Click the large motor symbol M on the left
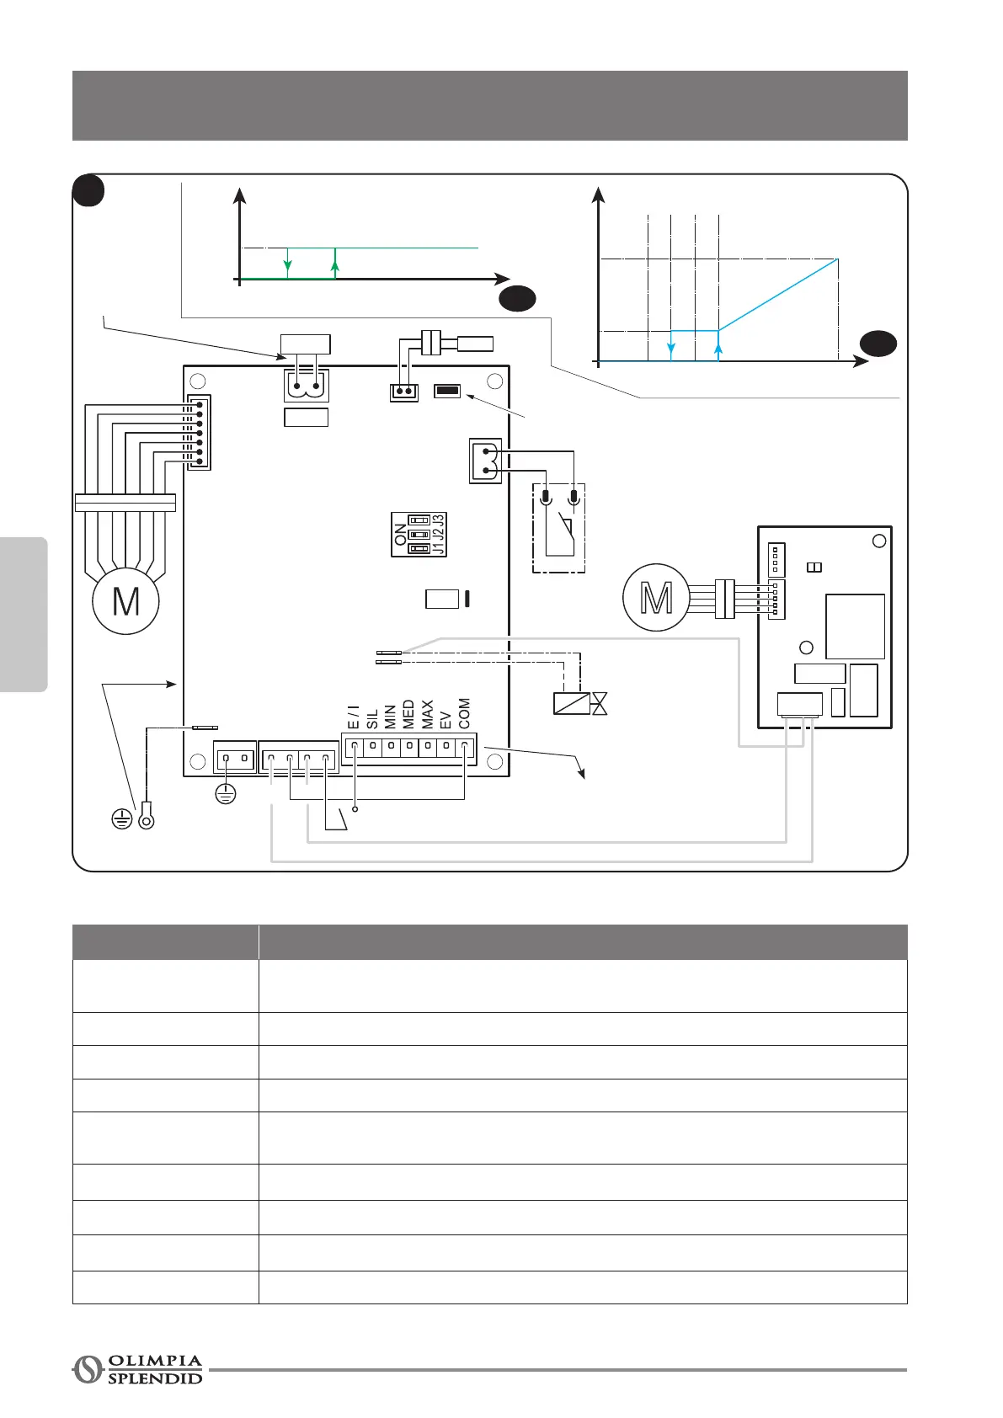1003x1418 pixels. click(x=125, y=601)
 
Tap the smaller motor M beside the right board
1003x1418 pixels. click(x=656, y=597)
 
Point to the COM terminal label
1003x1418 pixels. click(x=464, y=713)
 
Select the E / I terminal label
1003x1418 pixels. click(x=354, y=717)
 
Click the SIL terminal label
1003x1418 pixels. click(x=372, y=718)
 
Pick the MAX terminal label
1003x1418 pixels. click(x=427, y=714)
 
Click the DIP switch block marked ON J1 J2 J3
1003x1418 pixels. click(x=419, y=535)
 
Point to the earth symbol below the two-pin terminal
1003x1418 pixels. click(x=226, y=792)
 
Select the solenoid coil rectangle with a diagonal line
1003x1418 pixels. click(x=571, y=703)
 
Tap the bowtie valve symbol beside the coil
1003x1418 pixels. click(x=600, y=703)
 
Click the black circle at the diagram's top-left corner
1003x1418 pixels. click(x=88, y=190)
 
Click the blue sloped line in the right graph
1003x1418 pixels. click(x=778, y=295)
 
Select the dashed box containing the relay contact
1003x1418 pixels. click(x=559, y=528)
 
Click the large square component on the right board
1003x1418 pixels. click(x=855, y=626)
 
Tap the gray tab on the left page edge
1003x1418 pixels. click(x=24, y=615)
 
